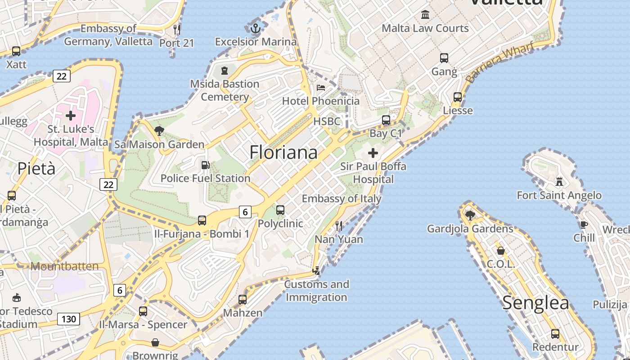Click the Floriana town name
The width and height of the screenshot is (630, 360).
[x=283, y=153]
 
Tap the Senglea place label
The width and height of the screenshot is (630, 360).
[x=535, y=303]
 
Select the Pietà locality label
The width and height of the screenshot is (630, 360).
[x=36, y=169]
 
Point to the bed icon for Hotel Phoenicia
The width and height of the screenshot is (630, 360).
[x=321, y=87]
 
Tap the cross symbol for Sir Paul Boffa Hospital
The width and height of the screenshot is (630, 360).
[x=373, y=153]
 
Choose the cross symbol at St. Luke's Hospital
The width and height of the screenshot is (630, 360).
[x=71, y=116]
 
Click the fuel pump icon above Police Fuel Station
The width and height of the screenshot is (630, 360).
[x=205, y=165]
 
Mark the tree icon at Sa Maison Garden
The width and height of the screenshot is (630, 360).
[x=159, y=131]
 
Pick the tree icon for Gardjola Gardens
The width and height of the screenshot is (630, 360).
[x=470, y=216]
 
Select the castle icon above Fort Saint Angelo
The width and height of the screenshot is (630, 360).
[x=559, y=181]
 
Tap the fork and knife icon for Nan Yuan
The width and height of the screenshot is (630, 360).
[x=339, y=225]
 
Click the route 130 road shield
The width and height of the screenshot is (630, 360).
[x=68, y=319]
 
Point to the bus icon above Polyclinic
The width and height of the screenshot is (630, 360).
[x=280, y=210]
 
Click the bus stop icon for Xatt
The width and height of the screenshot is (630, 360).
[x=16, y=51]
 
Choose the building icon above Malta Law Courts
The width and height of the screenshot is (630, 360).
[x=425, y=15]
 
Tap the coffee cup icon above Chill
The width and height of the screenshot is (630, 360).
[x=584, y=225]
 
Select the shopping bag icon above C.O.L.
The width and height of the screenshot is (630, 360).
[x=500, y=251]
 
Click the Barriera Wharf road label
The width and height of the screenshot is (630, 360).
[x=499, y=62]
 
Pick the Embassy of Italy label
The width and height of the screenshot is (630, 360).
[x=342, y=198]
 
